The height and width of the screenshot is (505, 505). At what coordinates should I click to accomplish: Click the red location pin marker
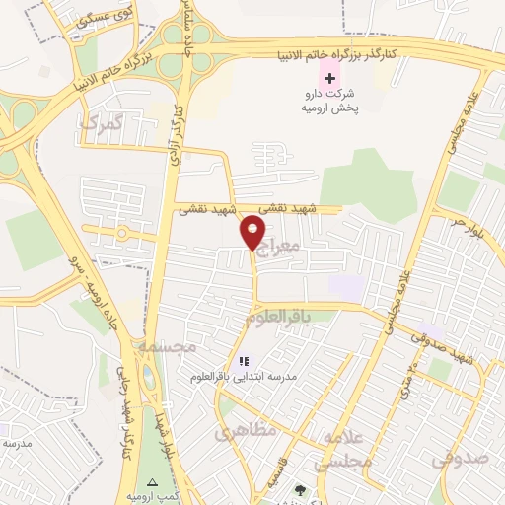(254, 233)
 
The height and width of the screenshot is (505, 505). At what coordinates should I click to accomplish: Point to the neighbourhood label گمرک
(103, 125)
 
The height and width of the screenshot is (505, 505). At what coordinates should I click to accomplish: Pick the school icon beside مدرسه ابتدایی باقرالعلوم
(244, 361)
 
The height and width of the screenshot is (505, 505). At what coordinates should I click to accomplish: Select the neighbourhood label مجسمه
(167, 346)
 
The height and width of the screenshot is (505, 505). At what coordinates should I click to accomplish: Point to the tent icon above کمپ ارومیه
(151, 482)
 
